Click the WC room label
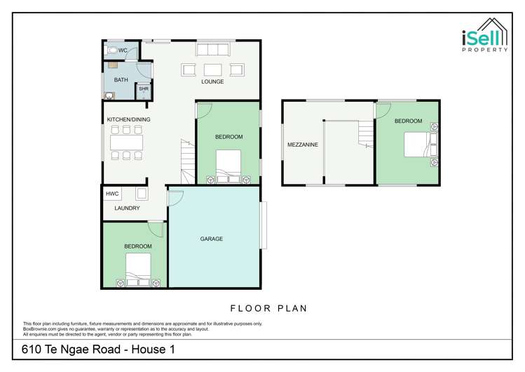(123, 51)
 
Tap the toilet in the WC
(111, 51)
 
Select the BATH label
(121, 80)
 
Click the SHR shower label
(143, 89)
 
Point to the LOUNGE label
(212, 82)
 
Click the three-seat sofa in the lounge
(212, 49)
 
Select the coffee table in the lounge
(212, 69)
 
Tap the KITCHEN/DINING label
(128, 119)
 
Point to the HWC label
(112, 194)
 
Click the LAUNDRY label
(127, 208)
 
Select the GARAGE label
(212, 239)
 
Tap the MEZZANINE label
(303, 145)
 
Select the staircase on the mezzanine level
(366, 133)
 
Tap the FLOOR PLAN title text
(269, 308)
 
